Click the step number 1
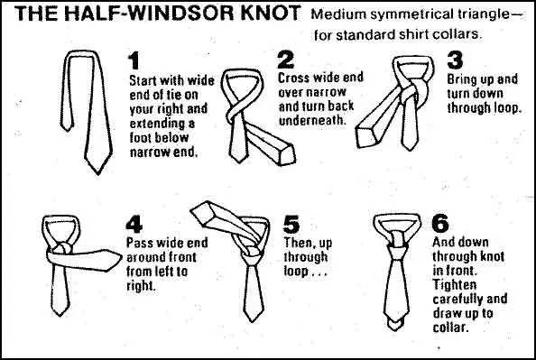click(x=134, y=60)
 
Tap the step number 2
click(x=286, y=60)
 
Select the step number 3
click(x=455, y=60)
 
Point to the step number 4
click(x=134, y=225)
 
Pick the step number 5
click(x=291, y=225)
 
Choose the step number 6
click(x=440, y=223)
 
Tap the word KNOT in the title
click(x=271, y=13)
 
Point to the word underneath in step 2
click(x=311, y=120)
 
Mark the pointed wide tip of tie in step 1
click(x=98, y=171)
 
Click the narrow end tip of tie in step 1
click(x=67, y=128)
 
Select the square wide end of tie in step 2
click(x=287, y=154)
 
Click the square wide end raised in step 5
click(x=201, y=213)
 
